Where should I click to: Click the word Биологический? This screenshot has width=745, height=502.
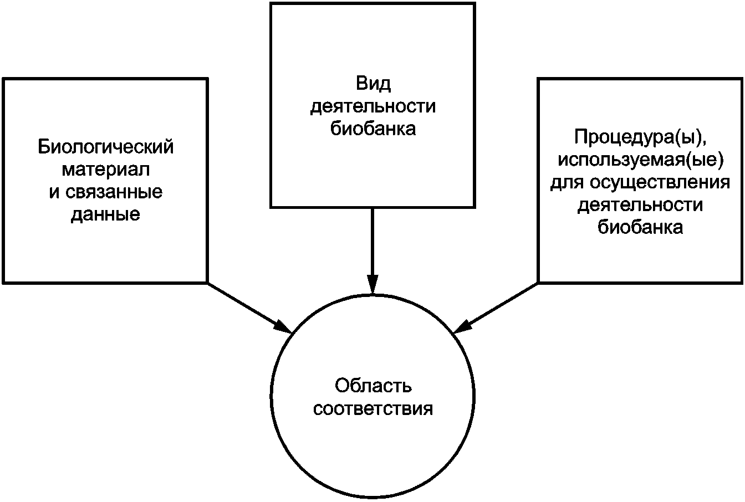(105, 147)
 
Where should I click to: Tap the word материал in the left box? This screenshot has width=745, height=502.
(105, 170)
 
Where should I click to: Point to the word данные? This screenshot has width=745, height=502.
(105, 214)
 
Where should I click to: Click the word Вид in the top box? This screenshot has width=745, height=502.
(372, 84)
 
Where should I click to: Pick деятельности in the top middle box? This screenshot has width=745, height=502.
(372, 106)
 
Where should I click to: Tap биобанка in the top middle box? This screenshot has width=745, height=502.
(372, 129)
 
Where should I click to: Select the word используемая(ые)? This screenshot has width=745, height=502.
(640, 159)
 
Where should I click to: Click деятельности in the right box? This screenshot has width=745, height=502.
(640, 204)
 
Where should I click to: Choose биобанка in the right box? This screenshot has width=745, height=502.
(640, 227)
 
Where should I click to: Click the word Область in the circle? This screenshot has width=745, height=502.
(372, 386)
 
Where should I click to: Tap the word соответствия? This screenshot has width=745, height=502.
(372, 409)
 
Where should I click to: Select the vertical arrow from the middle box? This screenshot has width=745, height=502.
(372, 244)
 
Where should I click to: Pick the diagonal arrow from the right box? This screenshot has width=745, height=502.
(499, 306)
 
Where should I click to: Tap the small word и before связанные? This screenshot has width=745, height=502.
(53, 192)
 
